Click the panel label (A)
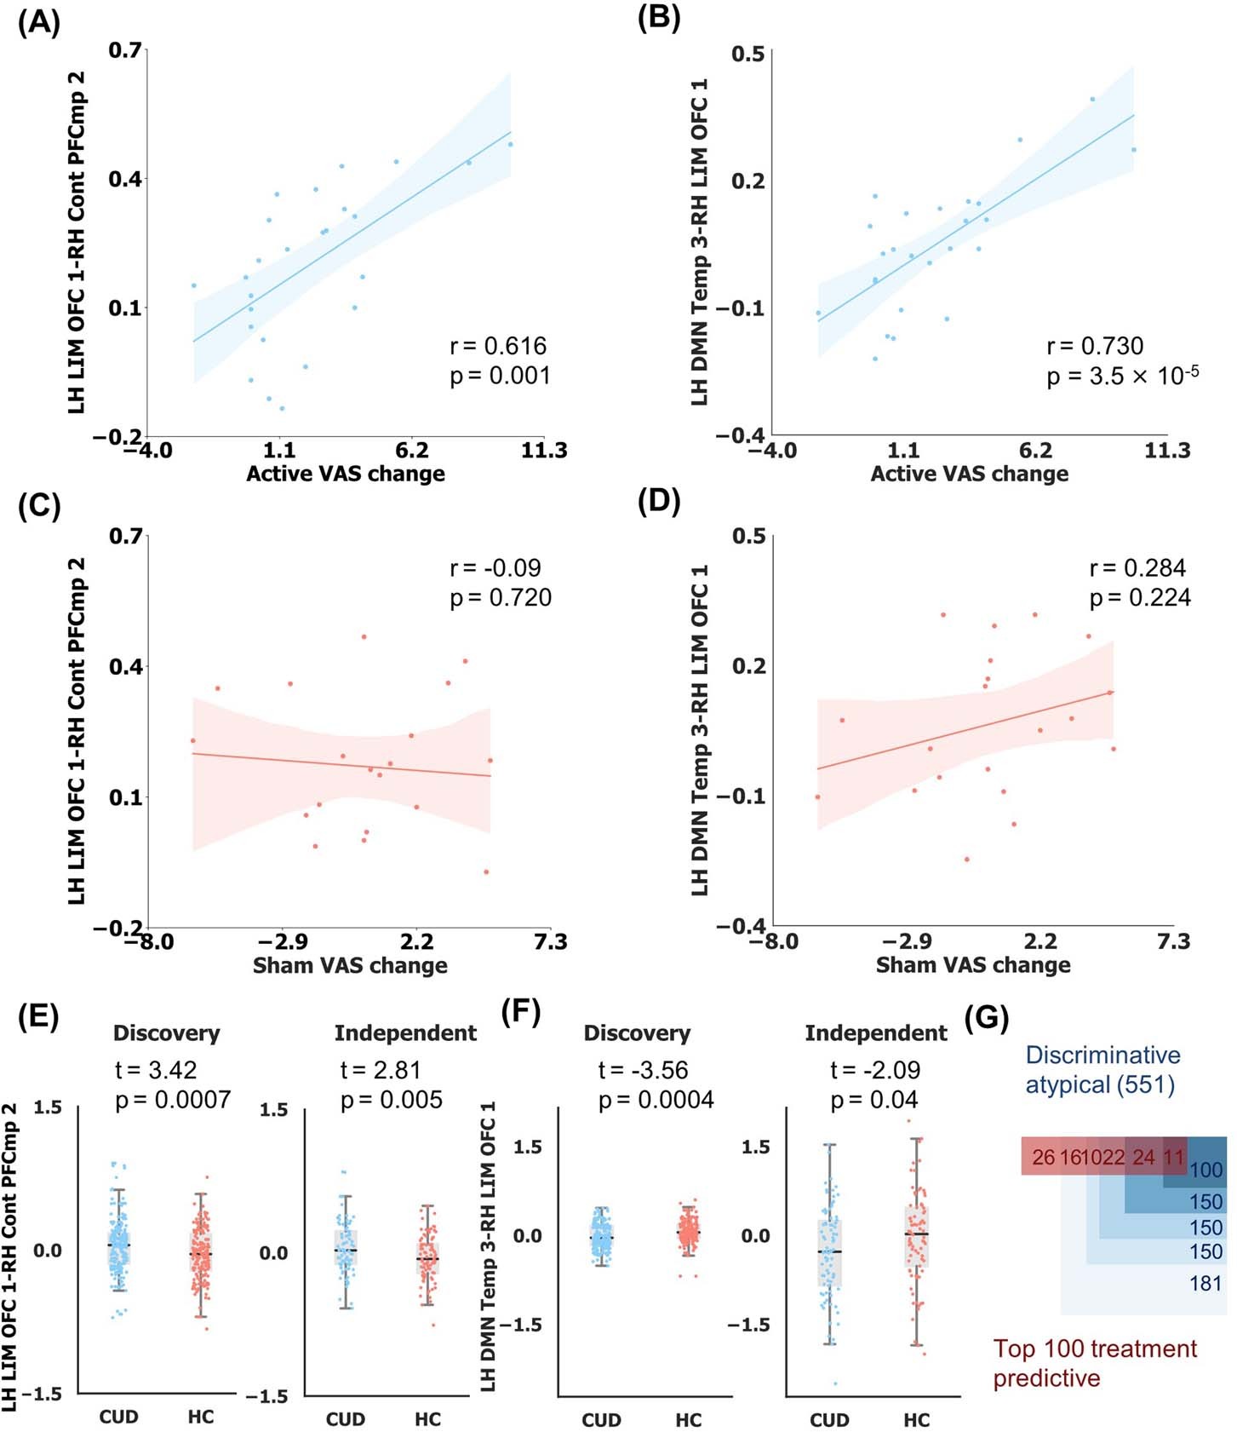(39, 22)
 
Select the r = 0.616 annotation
(498, 346)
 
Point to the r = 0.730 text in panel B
(1095, 346)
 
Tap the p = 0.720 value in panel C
(501, 598)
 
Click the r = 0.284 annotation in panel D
(1137, 568)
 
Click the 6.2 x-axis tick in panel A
(412, 450)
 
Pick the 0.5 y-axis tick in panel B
(748, 55)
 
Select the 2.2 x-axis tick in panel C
(416, 941)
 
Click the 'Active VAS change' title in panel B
(969, 474)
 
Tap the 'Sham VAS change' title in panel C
(350, 965)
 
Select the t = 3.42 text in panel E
(156, 1070)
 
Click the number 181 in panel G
(1206, 1283)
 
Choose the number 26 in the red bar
(1043, 1158)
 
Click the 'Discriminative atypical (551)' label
(1102, 1070)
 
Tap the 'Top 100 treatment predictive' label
(1094, 1363)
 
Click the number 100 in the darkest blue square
(1206, 1170)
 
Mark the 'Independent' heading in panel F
(875, 1033)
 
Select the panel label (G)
(988, 1017)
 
